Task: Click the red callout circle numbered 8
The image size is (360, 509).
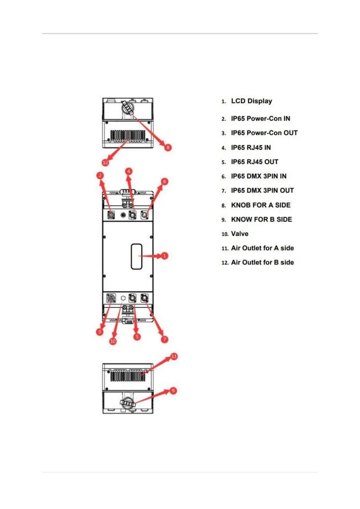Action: [168, 147]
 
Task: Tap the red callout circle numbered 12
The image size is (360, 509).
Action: [105, 163]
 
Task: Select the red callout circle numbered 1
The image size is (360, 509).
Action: [164, 256]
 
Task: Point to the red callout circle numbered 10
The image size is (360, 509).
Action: [113, 341]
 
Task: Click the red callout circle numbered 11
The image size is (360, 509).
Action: [174, 356]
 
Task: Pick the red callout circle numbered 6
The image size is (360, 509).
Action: [165, 181]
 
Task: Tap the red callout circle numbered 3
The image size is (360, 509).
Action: [99, 332]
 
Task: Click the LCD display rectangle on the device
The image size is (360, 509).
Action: [137, 256]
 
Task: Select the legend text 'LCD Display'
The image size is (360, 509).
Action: [251, 101]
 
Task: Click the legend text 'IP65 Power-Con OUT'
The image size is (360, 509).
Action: [264, 133]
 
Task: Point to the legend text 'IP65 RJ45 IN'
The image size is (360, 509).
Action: [251, 148]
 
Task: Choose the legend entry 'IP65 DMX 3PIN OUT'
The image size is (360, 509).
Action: [262, 190]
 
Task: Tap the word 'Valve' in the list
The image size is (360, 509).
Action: [240, 234]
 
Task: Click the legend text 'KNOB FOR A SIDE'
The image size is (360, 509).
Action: [261, 205]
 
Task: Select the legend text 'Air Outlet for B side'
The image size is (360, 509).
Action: [262, 262]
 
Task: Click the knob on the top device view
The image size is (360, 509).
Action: [128, 107]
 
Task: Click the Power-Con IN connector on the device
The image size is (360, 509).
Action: [111, 215]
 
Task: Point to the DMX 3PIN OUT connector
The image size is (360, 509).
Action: [145, 299]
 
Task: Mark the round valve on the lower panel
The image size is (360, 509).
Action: [123, 298]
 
